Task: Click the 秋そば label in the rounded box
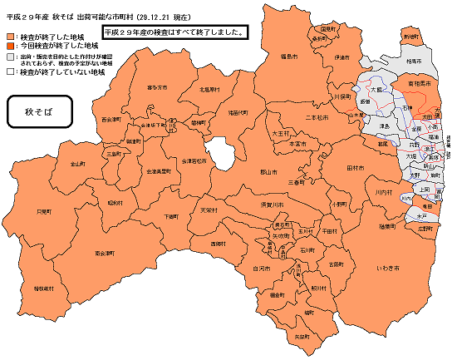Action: pos(38,111)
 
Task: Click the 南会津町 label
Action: pos(105,251)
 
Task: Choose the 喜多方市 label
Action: pos(157,86)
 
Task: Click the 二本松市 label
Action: pos(318,117)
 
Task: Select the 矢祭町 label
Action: pos(302,336)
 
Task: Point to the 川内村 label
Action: pos(382,192)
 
